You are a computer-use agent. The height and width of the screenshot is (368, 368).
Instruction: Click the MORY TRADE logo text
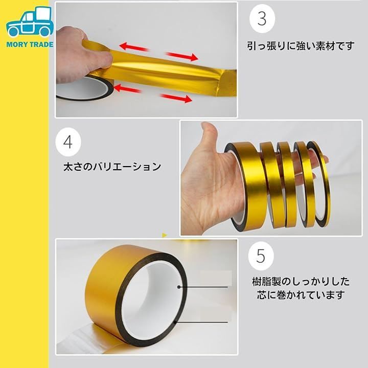point(30,44)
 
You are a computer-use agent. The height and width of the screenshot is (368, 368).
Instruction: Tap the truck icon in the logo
point(30,21)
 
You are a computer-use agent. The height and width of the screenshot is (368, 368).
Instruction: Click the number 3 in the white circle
point(262,18)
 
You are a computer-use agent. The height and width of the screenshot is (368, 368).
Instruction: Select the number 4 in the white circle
point(68,142)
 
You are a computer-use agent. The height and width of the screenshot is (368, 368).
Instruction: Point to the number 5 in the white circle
point(261,256)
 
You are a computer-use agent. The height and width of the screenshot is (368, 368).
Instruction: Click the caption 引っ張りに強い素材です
point(301,46)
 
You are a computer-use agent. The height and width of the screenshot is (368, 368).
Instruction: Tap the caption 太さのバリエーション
point(112,167)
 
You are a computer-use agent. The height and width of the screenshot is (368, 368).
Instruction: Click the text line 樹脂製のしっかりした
point(301,282)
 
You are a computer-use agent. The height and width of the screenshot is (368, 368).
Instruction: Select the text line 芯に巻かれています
point(301,295)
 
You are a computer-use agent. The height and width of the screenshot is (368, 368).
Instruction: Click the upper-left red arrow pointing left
point(134,47)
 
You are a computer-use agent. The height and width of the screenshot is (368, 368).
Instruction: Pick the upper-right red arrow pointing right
point(182,56)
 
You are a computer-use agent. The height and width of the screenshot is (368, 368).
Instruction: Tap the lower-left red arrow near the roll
point(127,88)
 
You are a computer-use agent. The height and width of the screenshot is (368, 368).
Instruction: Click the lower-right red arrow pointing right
point(176,98)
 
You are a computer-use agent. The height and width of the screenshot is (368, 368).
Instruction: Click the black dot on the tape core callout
point(179,287)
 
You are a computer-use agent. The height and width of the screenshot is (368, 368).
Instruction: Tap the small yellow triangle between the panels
point(165,235)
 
